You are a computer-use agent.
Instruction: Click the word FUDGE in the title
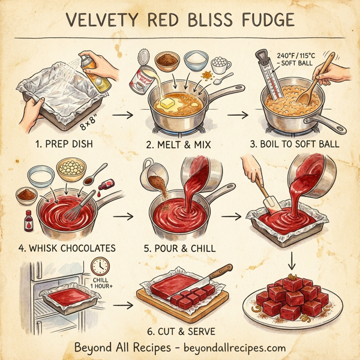[262, 20]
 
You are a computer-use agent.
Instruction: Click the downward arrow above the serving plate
[293, 260]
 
